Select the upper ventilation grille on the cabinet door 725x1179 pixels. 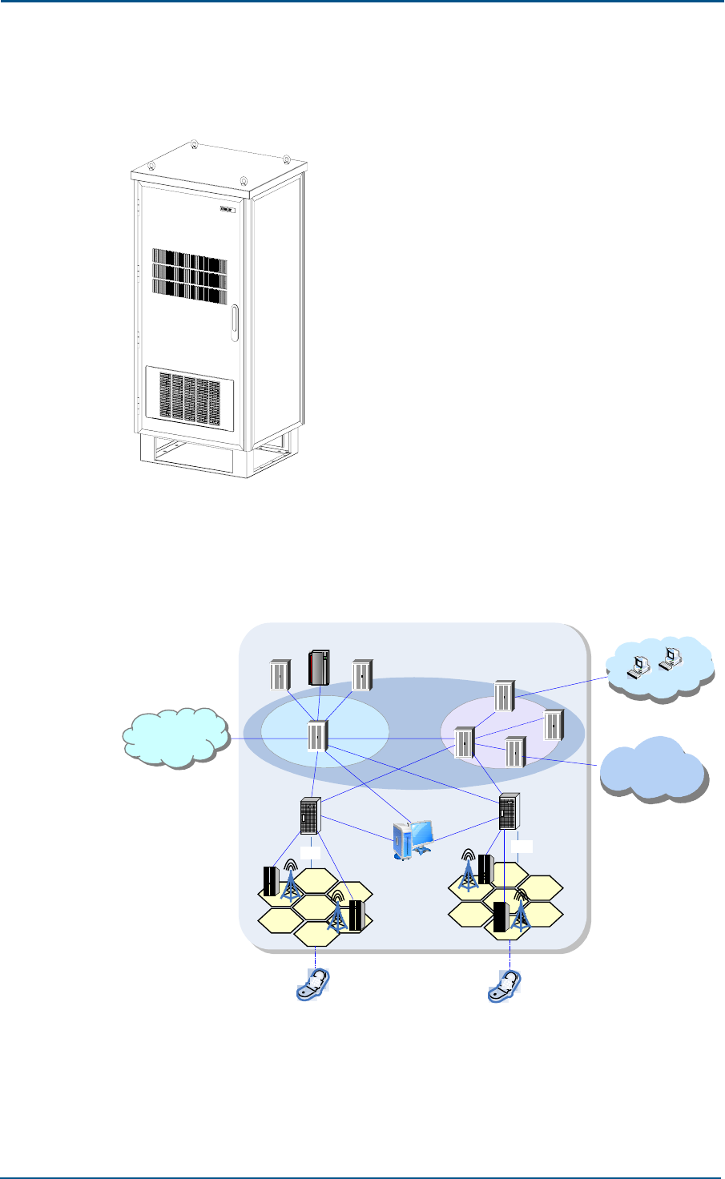pos(190,280)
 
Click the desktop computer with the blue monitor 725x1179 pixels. pos(414,841)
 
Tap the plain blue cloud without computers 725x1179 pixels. pos(654,768)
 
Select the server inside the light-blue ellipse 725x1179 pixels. pos(317,737)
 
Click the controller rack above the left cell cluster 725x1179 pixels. pos(310,816)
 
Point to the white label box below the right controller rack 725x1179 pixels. pos(522,847)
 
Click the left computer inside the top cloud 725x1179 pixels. pos(639,664)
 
